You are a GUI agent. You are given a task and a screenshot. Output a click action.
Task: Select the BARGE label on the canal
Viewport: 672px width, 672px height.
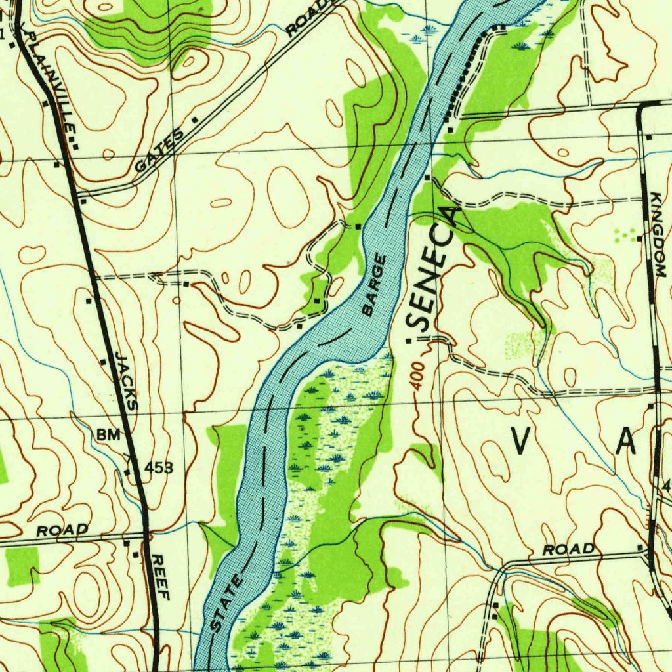coord(375,287)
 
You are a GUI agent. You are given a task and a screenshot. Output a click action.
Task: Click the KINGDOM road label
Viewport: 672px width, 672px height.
coord(658,234)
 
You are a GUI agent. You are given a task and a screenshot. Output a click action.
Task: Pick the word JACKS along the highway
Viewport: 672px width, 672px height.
coord(127,381)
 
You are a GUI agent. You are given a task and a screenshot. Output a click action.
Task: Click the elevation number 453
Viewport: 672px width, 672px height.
coord(159,467)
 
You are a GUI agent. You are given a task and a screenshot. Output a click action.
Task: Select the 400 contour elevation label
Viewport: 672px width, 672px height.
coord(418,377)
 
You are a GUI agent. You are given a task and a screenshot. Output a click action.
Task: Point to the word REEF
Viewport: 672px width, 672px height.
coord(160,577)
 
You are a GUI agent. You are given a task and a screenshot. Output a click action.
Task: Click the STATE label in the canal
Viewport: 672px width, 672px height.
coord(227,602)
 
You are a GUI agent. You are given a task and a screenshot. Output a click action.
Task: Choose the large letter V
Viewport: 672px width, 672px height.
coord(520,440)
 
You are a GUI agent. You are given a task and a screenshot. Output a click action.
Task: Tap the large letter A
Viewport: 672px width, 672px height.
coord(625,440)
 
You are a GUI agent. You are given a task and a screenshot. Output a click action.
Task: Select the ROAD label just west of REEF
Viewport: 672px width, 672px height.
coord(62,530)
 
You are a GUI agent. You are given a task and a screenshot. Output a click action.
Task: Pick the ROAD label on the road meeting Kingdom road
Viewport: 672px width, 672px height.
coord(569,549)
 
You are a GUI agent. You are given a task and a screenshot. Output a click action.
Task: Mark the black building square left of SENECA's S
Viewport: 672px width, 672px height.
coord(411,341)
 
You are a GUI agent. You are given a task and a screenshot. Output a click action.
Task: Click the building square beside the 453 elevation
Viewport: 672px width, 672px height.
coord(127,471)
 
